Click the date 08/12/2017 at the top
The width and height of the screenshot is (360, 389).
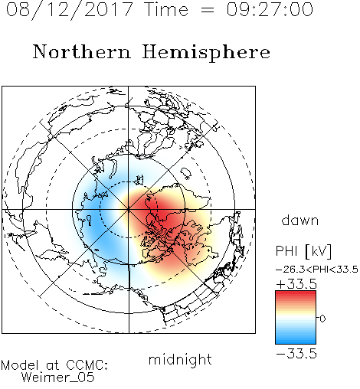(70, 10)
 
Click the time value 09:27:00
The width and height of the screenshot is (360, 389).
(270, 9)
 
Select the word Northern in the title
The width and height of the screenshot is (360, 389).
(81, 51)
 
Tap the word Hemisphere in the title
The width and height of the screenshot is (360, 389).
(206, 52)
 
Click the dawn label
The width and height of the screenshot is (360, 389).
(300, 220)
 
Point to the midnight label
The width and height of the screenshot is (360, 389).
(180, 360)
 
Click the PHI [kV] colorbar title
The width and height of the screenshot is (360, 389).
(303, 251)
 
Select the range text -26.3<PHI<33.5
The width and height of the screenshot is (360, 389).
(317, 270)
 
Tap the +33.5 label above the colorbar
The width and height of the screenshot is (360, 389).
(296, 284)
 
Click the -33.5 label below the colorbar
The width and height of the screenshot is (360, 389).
(296, 354)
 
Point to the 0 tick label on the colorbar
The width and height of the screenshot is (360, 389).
(322, 319)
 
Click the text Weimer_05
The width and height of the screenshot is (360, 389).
(58, 378)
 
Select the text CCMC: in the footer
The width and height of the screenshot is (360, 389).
(87, 365)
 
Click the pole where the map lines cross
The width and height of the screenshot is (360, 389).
(128, 210)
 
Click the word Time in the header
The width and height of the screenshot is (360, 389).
(166, 9)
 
